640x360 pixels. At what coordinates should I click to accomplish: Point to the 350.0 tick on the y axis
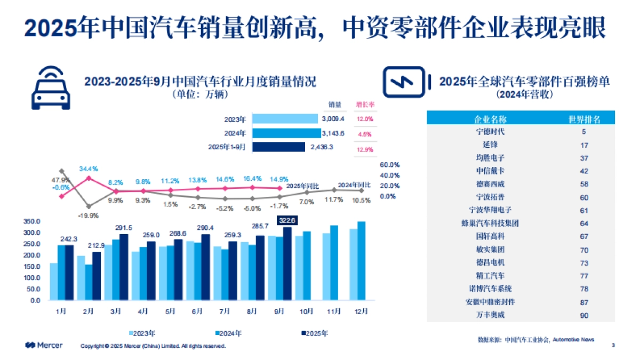click(x=33, y=221)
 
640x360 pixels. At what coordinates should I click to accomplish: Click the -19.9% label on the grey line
click(x=88, y=215)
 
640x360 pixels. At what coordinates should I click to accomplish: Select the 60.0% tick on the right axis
click(x=389, y=165)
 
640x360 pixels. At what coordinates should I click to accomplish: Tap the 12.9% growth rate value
click(x=365, y=149)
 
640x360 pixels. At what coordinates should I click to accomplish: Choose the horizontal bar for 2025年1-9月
click(x=278, y=147)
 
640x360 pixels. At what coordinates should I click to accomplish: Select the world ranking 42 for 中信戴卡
click(x=584, y=171)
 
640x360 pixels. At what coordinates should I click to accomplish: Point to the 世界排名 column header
click(x=585, y=119)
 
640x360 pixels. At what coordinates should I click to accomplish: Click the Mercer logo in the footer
click(x=44, y=346)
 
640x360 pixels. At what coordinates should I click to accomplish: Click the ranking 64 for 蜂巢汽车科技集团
click(x=584, y=223)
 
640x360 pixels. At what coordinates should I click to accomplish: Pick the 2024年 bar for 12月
click(x=361, y=261)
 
